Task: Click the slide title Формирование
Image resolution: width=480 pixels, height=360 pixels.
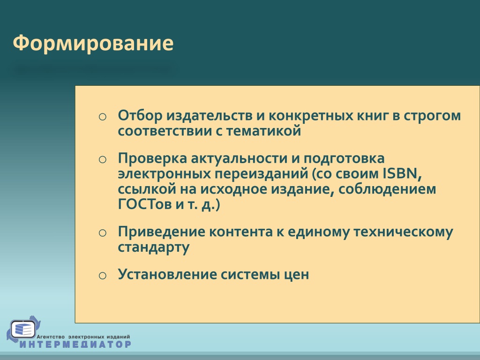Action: (x=93, y=43)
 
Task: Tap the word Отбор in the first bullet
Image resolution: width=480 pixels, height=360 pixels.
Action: (x=140, y=115)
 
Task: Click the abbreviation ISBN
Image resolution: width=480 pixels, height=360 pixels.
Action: (x=402, y=173)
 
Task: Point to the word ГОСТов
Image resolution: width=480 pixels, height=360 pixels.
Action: (x=144, y=204)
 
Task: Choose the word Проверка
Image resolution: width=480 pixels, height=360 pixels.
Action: (x=152, y=158)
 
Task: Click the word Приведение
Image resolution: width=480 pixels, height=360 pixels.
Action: (x=161, y=232)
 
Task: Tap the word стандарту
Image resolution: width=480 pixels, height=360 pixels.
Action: (x=154, y=247)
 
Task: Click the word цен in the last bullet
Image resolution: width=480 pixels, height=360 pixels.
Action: (x=296, y=275)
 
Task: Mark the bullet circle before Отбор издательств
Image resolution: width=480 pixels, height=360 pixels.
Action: (x=103, y=117)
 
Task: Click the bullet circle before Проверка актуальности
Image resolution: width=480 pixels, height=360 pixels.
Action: (x=103, y=159)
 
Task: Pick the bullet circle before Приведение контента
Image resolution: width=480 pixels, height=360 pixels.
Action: (x=103, y=233)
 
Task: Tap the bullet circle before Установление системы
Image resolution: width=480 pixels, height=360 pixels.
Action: (x=103, y=276)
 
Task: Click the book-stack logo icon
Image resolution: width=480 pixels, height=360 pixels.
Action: (x=23, y=330)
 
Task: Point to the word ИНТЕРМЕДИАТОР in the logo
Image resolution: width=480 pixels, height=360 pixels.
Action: (x=75, y=344)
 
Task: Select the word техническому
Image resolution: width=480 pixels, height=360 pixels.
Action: (x=403, y=232)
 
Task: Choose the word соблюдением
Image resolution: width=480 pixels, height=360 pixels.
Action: (x=387, y=189)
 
